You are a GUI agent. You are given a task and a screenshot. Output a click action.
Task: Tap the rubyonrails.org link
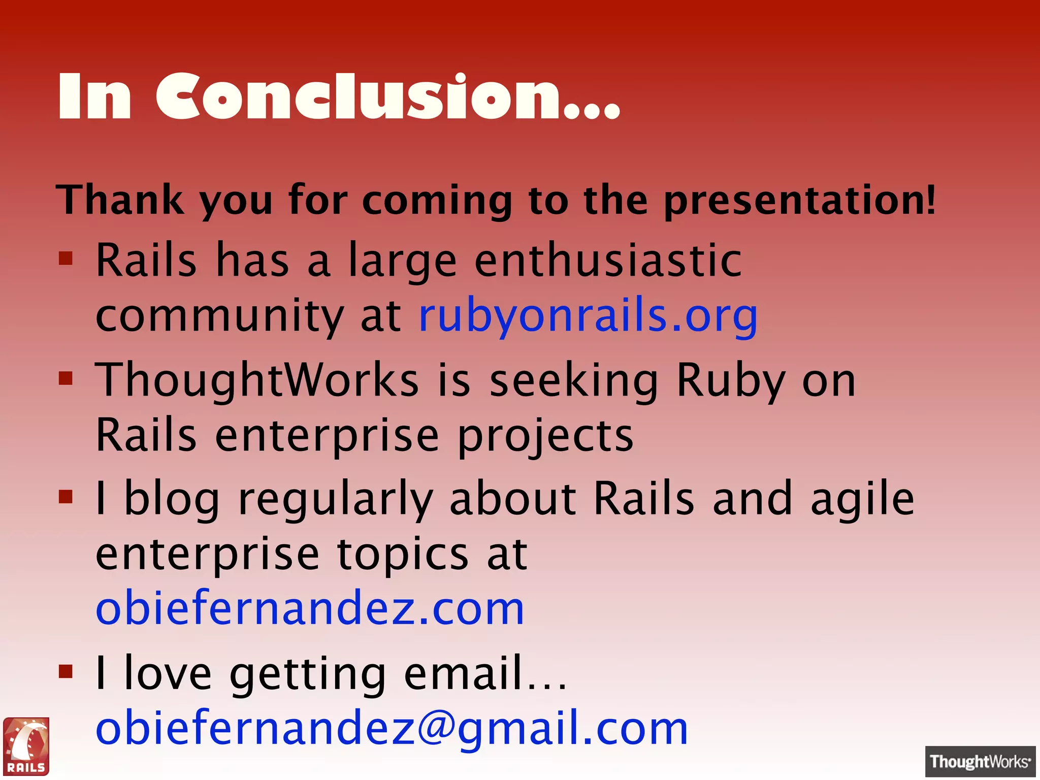click(x=588, y=316)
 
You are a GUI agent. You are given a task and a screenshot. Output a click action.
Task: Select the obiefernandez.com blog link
click(x=310, y=608)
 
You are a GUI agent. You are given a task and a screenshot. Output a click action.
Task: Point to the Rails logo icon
click(x=26, y=746)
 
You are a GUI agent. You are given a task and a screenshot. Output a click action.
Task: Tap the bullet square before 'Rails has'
click(x=66, y=258)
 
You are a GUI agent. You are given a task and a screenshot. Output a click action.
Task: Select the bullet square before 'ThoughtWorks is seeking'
click(x=66, y=378)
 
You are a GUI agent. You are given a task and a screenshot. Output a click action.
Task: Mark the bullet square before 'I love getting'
click(x=66, y=671)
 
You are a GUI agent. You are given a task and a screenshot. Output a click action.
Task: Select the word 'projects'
click(x=545, y=437)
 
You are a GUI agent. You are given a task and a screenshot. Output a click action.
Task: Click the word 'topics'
click(x=403, y=555)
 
